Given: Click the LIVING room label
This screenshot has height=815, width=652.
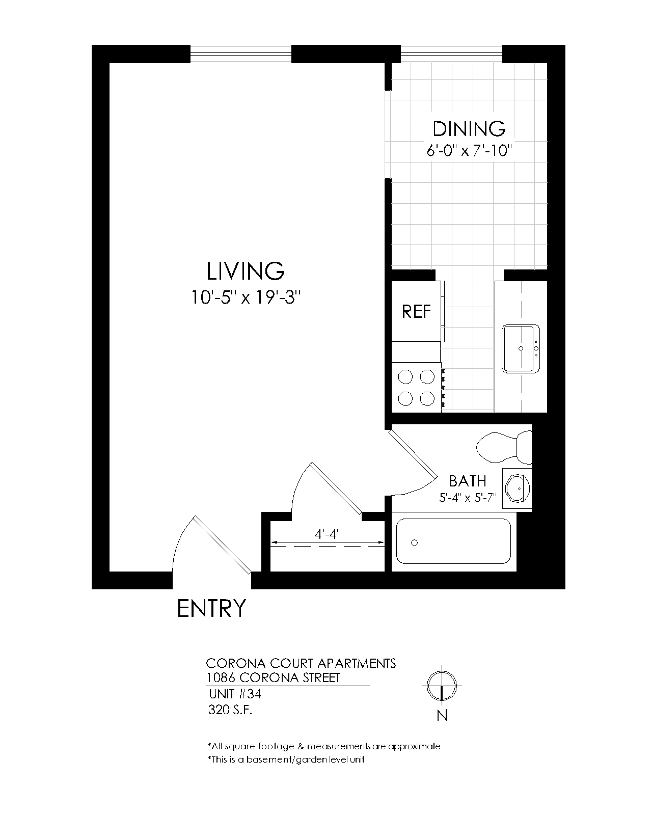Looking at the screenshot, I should click(x=245, y=271).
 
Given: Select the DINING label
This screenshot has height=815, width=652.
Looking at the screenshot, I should click(x=469, y=128).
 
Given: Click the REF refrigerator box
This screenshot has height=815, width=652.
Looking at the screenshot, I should click(x=416, y=311).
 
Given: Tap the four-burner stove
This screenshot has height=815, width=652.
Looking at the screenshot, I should click(x=416, y=387).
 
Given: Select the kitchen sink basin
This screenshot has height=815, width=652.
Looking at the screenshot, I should click(x=520, y=349).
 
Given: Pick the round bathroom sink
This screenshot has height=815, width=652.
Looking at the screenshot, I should click(x=518, y=488).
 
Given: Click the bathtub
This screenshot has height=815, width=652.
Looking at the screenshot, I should click(x=453, y=541).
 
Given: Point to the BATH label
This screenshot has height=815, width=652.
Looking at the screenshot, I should click(x=467, y=481).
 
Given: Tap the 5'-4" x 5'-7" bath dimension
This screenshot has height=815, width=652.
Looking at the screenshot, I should click(x=468, y=498).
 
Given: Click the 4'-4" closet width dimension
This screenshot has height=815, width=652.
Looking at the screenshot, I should click(x=327, y=535).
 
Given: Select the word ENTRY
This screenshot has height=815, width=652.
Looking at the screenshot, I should click(x=211, y=608).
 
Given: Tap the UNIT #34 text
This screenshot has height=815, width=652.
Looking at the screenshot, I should click(x=235, y=694).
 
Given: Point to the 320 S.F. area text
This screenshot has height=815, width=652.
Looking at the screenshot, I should click(x=230, y=710).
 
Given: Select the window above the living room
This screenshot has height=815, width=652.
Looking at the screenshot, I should click(x=240, y=53).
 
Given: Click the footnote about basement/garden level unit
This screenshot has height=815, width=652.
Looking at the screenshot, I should click(x=286, y=759).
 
